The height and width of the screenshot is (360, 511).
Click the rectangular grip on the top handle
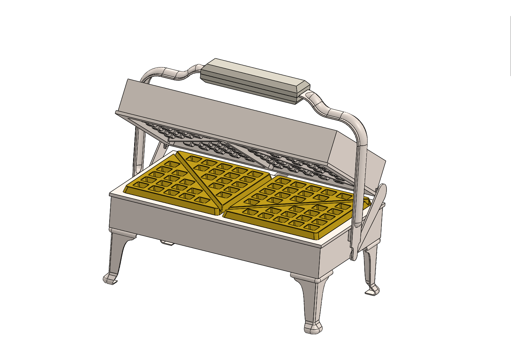[255, 80]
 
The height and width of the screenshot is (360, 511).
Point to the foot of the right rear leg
[373, 290]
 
